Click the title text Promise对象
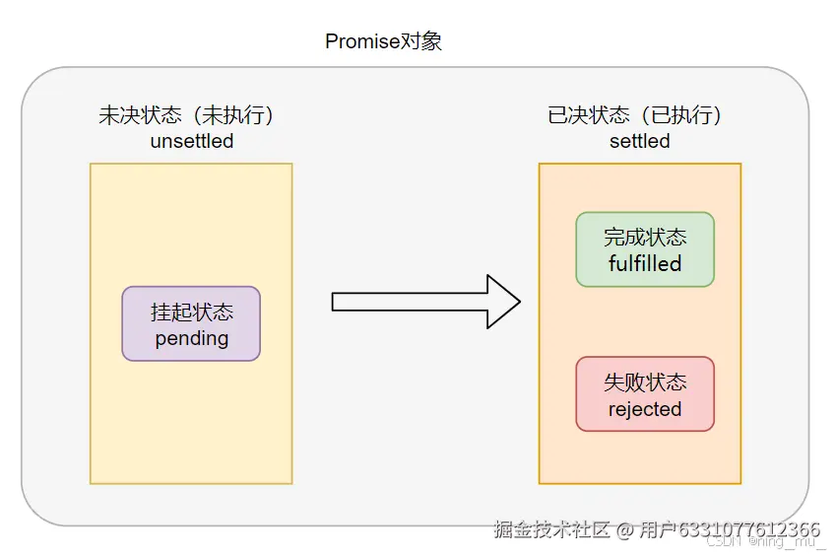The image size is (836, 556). tap(383, 41)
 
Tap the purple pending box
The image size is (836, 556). tap(191, 323)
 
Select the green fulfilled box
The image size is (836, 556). tap(645, 249)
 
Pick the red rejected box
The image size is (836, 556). tap(645, 394)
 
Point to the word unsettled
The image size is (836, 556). tap(192, 141)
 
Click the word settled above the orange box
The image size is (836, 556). tap(640, 141)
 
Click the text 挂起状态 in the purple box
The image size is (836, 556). tap(192, 312)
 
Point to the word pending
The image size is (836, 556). tap(192, 338)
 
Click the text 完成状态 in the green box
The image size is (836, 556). tap(645, 237)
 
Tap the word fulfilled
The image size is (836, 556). tap(645, 263)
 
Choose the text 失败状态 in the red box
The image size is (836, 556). tap(645, 382)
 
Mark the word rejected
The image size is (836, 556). tap(645, 408)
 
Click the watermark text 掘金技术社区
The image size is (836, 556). tap(552, 529)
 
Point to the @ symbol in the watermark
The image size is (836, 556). tap(624, 529)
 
